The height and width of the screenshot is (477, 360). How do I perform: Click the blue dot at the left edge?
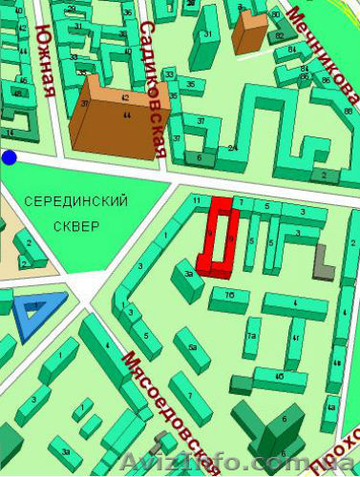(10, 157)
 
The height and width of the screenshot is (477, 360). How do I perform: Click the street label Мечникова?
(319, 53)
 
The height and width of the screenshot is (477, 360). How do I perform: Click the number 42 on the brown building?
(125, 97)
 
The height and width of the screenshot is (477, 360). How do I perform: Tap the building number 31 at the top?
(207, 36)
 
